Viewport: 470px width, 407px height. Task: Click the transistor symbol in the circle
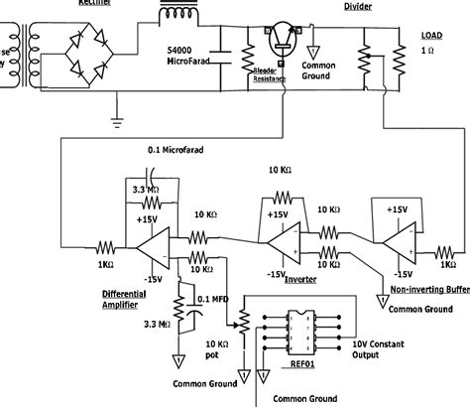[287, 41]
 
